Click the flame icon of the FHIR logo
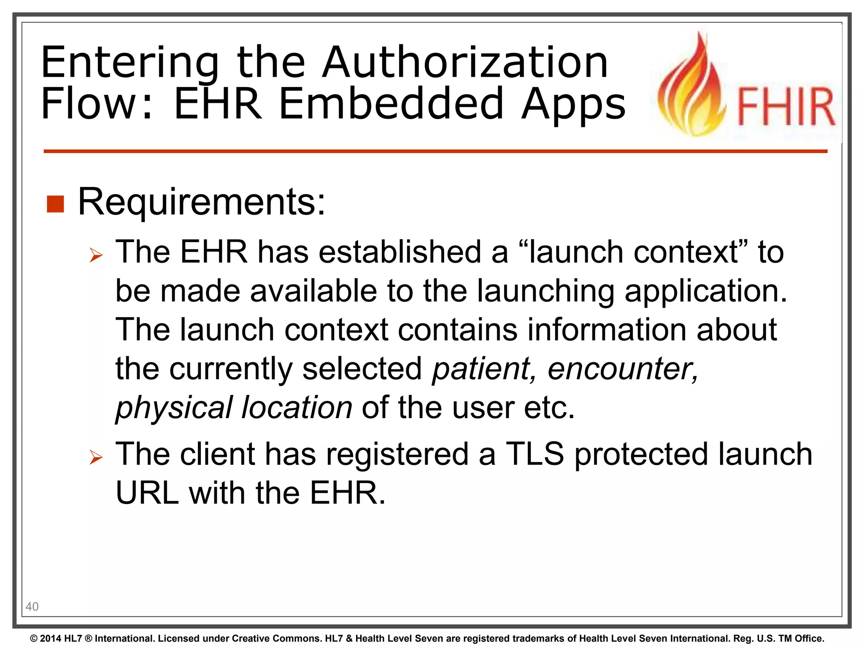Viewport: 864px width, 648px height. coord(692,86)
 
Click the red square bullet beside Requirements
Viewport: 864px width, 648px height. coord(55,204)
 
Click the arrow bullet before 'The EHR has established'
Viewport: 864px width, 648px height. coord(96,255)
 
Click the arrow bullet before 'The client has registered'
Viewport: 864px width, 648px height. coord(96,457)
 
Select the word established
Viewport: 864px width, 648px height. coord(400,252)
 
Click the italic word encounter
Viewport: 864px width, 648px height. coord(623,369)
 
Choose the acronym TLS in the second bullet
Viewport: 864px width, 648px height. coord(535,454)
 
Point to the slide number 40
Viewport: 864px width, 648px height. coord(32,607)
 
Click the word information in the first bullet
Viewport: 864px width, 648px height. coord(605,330)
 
